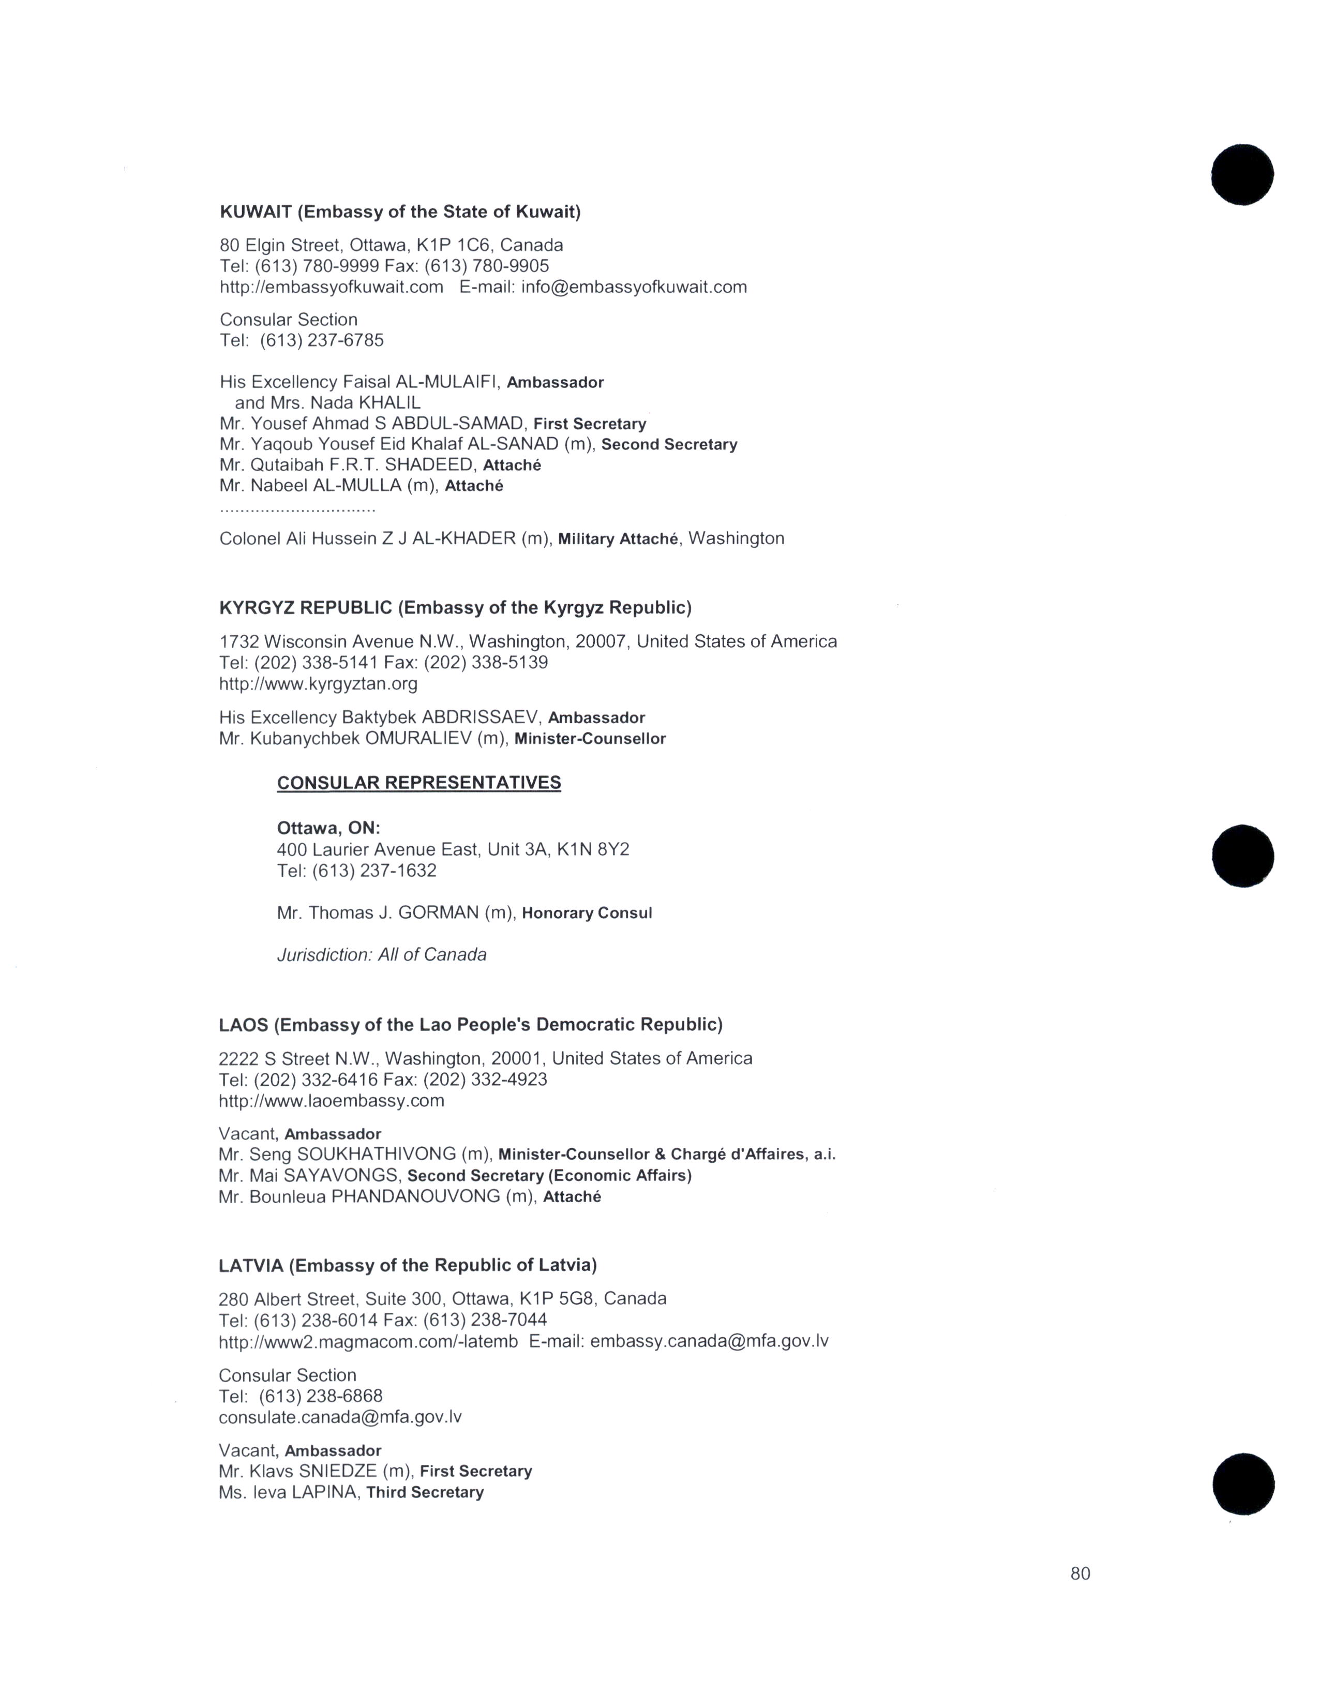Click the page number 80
[1080, 1574]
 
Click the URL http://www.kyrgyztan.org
[318, 684]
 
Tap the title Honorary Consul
[587, 913]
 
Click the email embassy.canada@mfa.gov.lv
[710, 1341]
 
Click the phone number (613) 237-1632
[374, 870]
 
